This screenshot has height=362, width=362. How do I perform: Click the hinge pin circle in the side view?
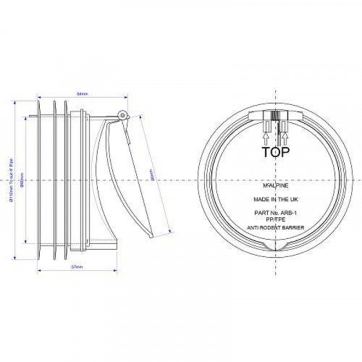tap(122, 114)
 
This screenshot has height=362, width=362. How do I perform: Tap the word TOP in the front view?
tap(274, 152)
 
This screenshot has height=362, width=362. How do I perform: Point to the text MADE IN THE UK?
tap(275, 198)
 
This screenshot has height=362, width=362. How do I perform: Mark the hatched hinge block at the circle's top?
tap(274, 117)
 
